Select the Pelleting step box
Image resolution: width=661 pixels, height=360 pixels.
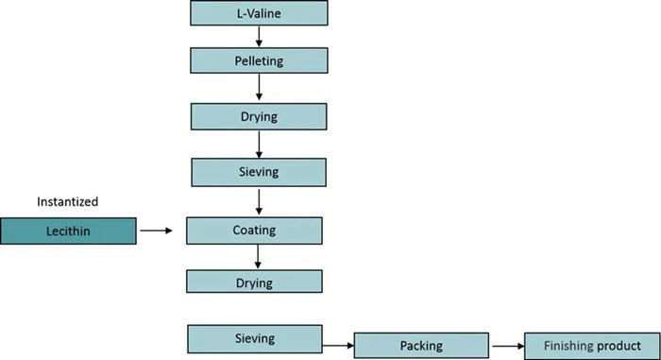259,61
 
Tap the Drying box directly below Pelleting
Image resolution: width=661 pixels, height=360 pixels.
259,116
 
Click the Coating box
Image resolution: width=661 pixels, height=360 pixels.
254,230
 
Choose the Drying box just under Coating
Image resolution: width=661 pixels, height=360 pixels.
254,282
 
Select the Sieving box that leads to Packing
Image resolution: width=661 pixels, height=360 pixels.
254,337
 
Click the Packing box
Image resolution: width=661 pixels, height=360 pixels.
421,346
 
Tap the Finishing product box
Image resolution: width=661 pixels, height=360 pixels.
589,346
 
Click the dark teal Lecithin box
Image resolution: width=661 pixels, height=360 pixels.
68,230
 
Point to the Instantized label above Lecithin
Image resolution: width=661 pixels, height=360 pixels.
67,201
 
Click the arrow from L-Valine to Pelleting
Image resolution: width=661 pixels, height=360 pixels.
259,37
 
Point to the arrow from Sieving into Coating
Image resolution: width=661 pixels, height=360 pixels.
259,201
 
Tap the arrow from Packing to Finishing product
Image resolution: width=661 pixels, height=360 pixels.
505,346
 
